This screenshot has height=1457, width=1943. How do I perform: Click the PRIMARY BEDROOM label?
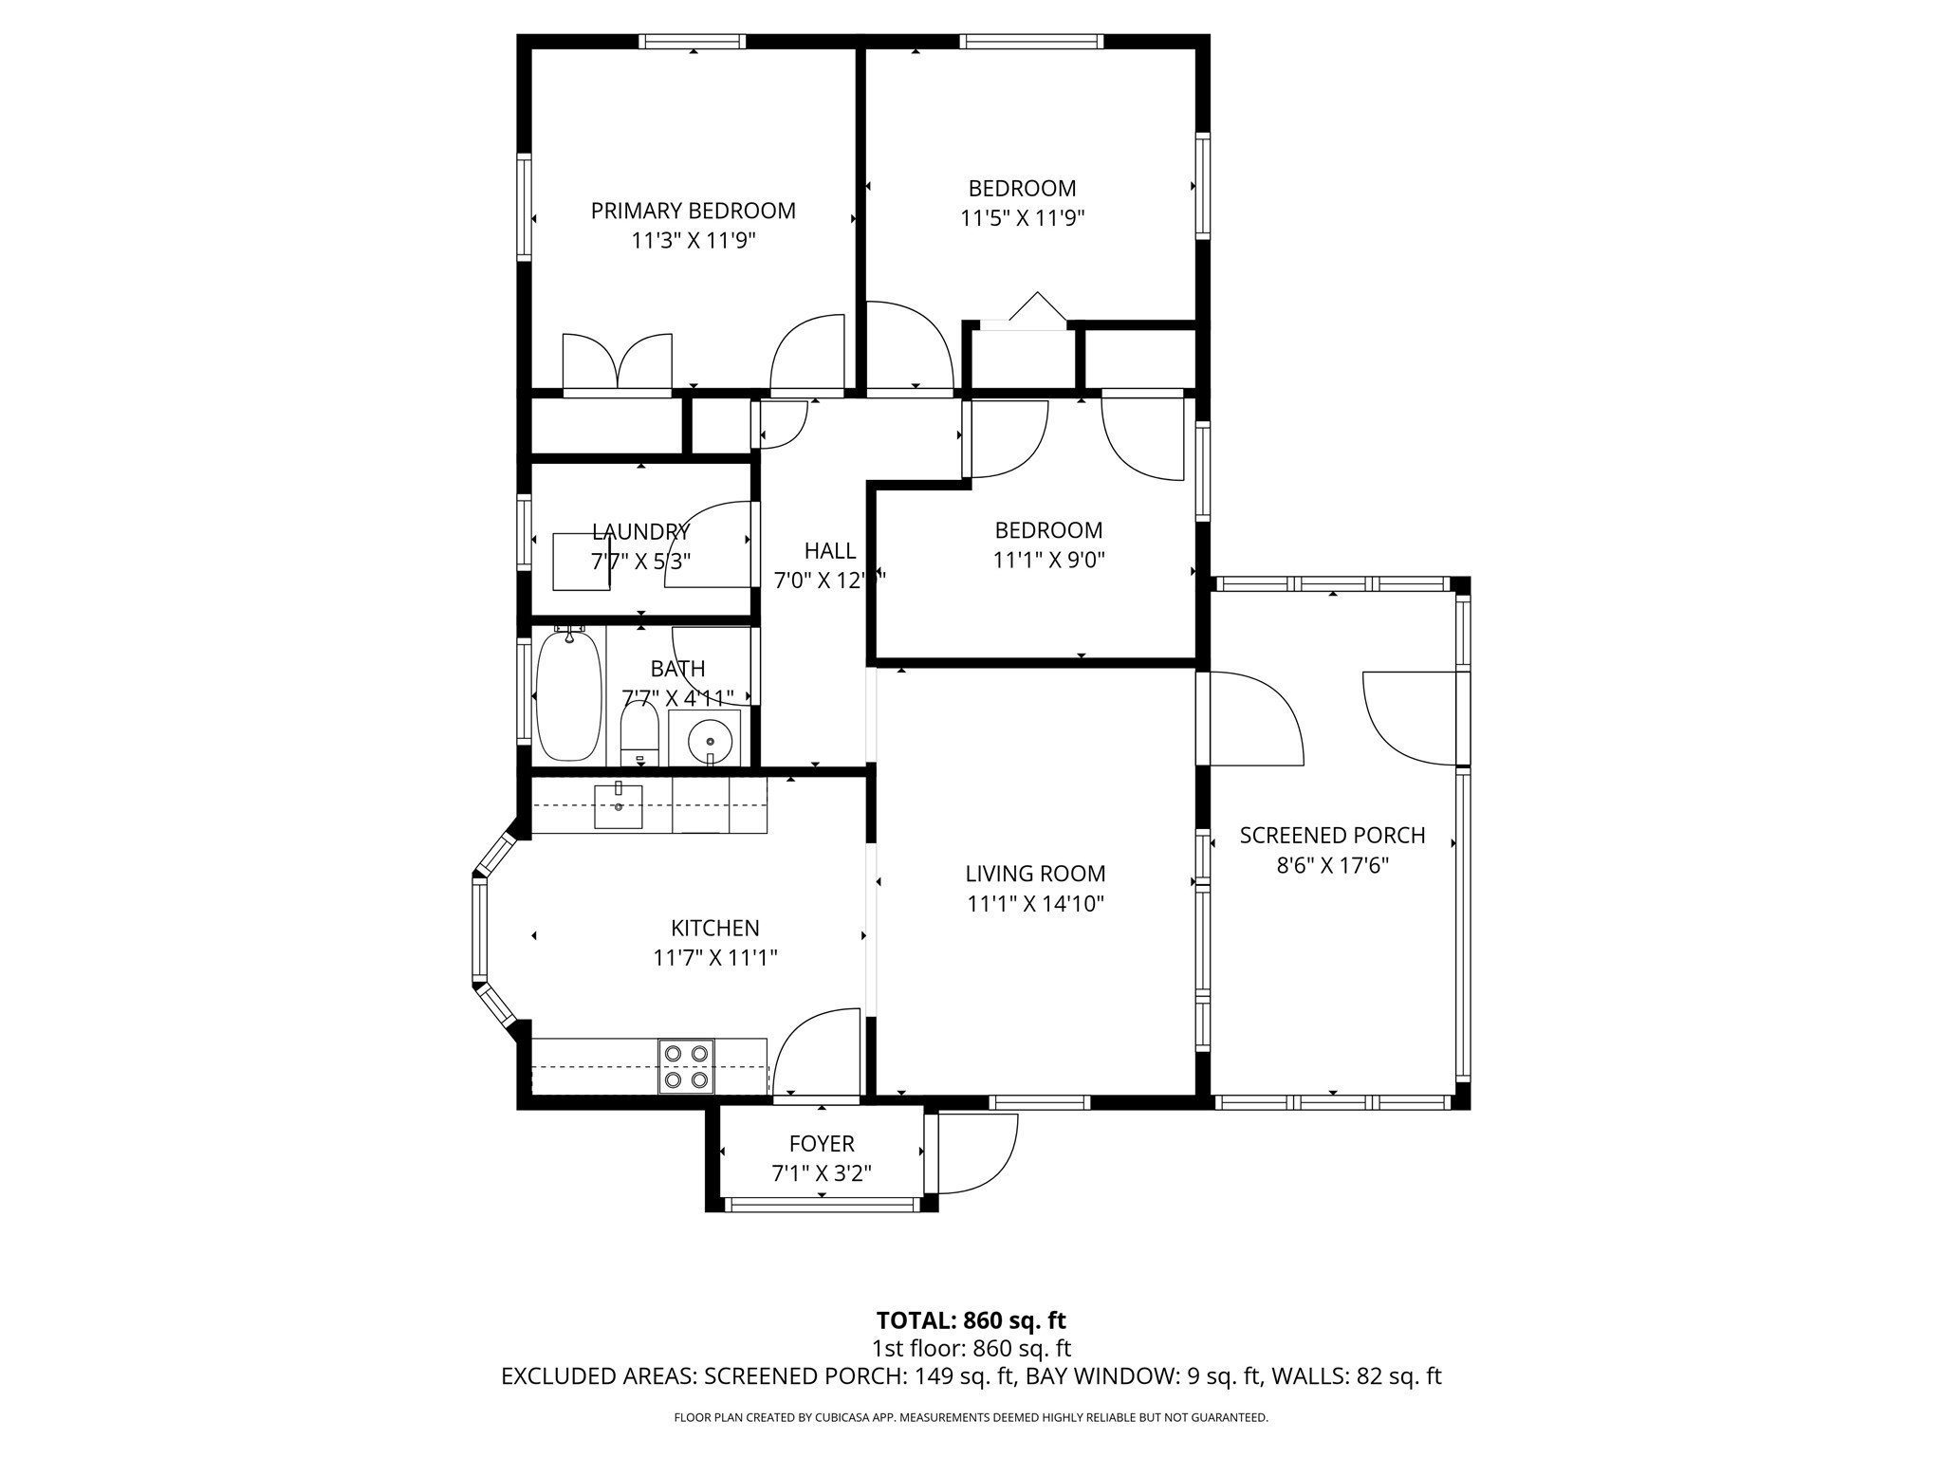693,211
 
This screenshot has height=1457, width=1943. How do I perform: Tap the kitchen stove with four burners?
686,1066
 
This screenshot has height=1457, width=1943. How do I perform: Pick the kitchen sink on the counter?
618,806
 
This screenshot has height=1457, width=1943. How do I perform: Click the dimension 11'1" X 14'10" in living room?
1035,904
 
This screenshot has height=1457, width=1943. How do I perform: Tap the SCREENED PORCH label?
1332,836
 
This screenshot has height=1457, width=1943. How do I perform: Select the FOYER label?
822,1144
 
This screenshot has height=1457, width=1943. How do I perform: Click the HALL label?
830,550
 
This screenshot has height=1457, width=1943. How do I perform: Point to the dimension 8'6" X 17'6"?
1332,866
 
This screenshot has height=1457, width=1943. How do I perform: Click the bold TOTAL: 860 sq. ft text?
971,1320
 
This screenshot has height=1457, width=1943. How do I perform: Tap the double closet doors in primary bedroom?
618,362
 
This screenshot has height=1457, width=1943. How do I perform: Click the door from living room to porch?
1248,718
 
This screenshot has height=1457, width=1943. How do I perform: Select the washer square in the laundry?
581,562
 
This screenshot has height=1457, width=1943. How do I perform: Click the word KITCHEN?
714,928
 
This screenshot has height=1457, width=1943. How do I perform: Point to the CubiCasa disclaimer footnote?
971,1417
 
